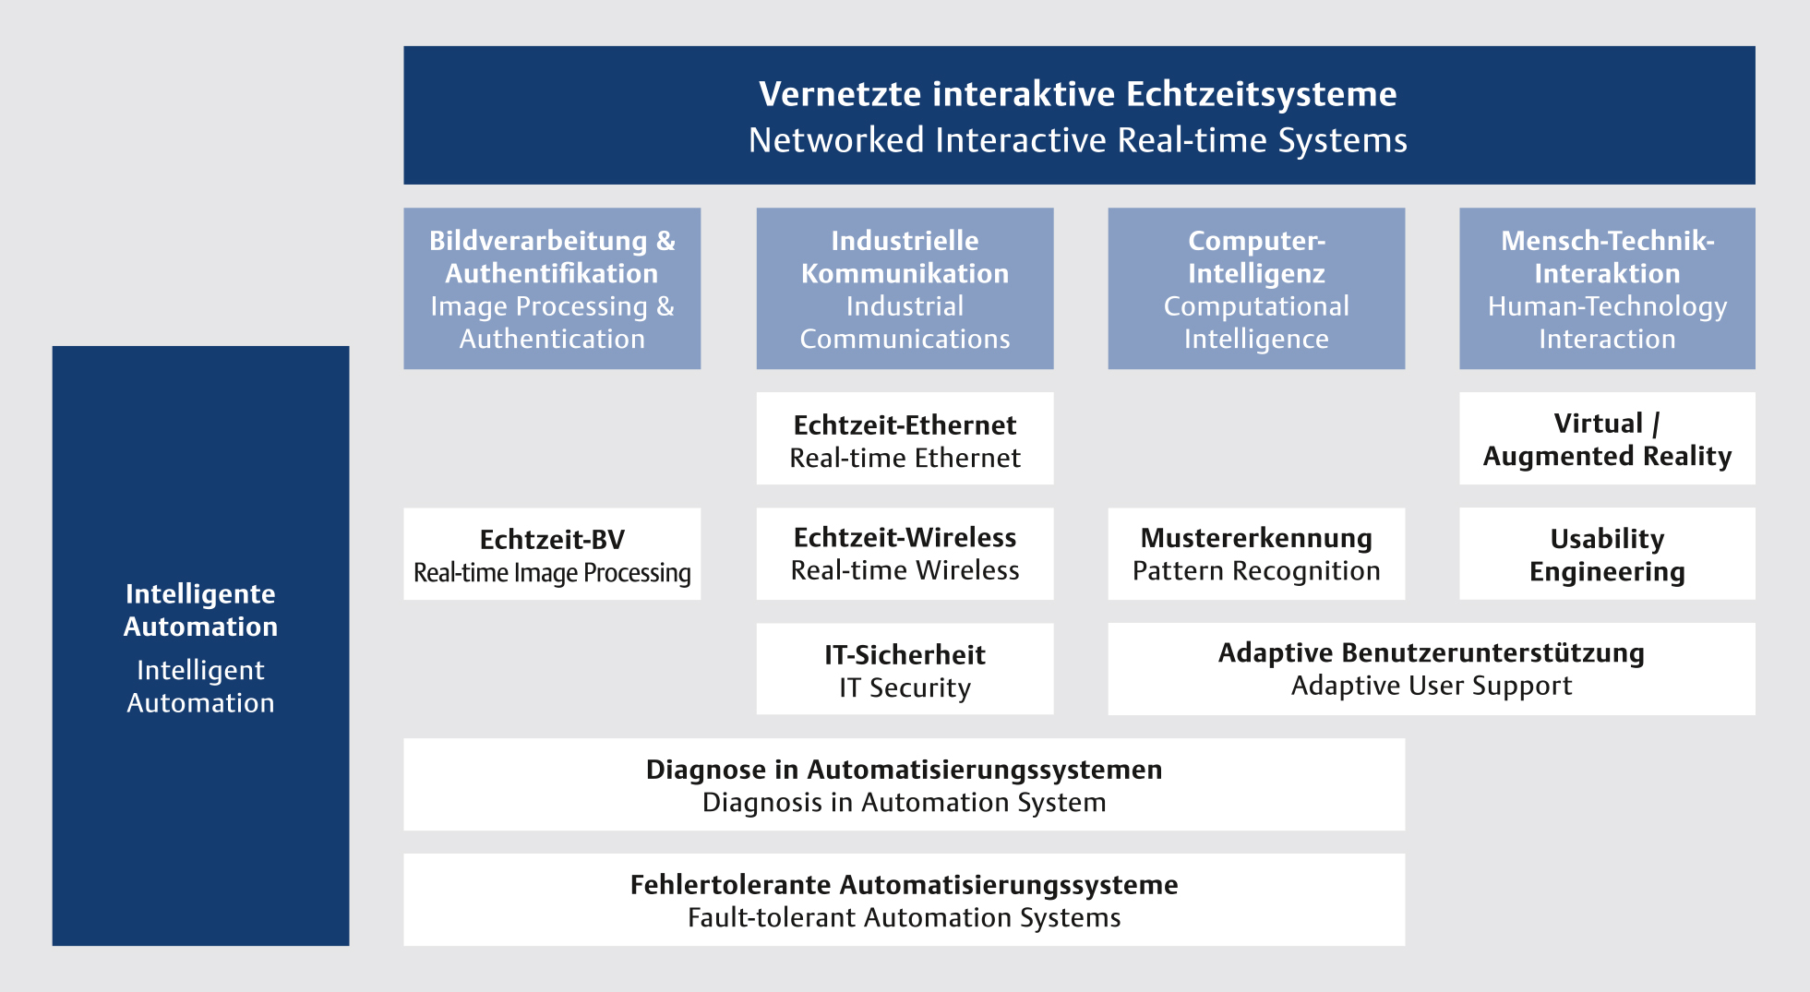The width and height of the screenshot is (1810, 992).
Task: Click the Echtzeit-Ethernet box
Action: (905, 438)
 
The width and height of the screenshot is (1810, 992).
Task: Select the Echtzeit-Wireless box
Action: (905, 554)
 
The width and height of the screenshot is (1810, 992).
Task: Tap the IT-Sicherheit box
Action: (905, 669)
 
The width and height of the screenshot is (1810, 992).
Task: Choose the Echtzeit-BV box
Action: (552, 554)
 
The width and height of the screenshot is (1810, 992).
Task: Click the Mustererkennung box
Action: (1256, 554)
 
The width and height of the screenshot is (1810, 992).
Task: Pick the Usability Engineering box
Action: (1607, 554)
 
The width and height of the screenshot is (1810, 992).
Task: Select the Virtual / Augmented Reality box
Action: (1607, 438)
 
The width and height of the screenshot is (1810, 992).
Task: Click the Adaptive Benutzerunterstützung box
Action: (1432, 669)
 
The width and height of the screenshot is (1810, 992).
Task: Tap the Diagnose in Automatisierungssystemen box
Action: (905, 784)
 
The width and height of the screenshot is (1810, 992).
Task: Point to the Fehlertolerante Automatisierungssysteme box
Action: (905, 900)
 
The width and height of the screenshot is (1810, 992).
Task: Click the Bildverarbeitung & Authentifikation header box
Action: (552, 289)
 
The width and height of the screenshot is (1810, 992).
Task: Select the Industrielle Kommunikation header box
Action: (905, 289)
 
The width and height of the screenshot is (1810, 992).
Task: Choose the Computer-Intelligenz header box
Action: (1256, 289)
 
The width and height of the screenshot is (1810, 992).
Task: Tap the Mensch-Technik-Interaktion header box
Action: (1607, 289)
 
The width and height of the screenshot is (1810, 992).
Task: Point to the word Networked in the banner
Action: (836, 140)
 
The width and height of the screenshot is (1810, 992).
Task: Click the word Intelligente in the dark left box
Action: (200, 594)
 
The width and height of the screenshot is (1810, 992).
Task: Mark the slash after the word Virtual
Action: (1656, 424)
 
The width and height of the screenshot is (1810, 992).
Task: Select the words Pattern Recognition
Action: (1256, 572)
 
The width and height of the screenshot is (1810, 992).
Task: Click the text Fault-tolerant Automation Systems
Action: (905, 918)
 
